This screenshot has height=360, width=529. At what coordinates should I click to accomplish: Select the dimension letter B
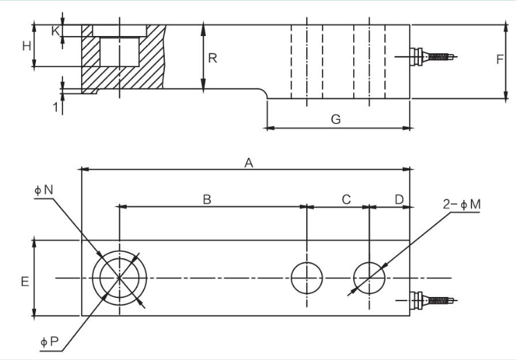206,199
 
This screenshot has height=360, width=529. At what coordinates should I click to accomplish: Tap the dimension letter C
346,199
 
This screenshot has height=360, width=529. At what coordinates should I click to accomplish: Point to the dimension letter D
399,199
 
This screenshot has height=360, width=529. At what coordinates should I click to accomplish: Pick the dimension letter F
499,60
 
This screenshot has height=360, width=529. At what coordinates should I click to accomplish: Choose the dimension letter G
336,119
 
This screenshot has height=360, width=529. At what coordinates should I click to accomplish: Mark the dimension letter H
26,46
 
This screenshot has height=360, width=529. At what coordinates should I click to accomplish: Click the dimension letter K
55,30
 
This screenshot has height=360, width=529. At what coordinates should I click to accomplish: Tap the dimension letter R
213,58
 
